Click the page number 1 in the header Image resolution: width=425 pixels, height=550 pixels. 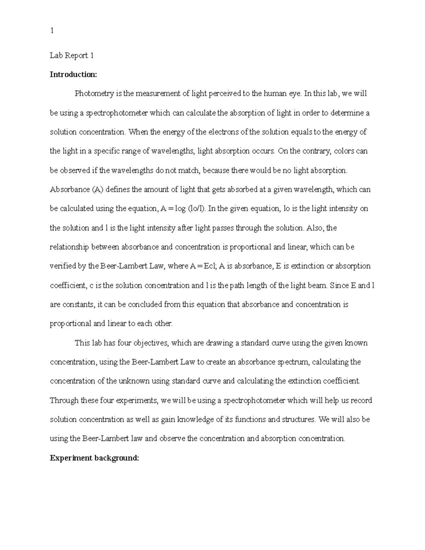point(52,31)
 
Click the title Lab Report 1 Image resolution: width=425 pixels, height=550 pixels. point(72,56)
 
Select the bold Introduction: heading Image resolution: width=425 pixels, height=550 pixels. point(73,75)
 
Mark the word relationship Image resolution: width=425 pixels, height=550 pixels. point(69,247)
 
